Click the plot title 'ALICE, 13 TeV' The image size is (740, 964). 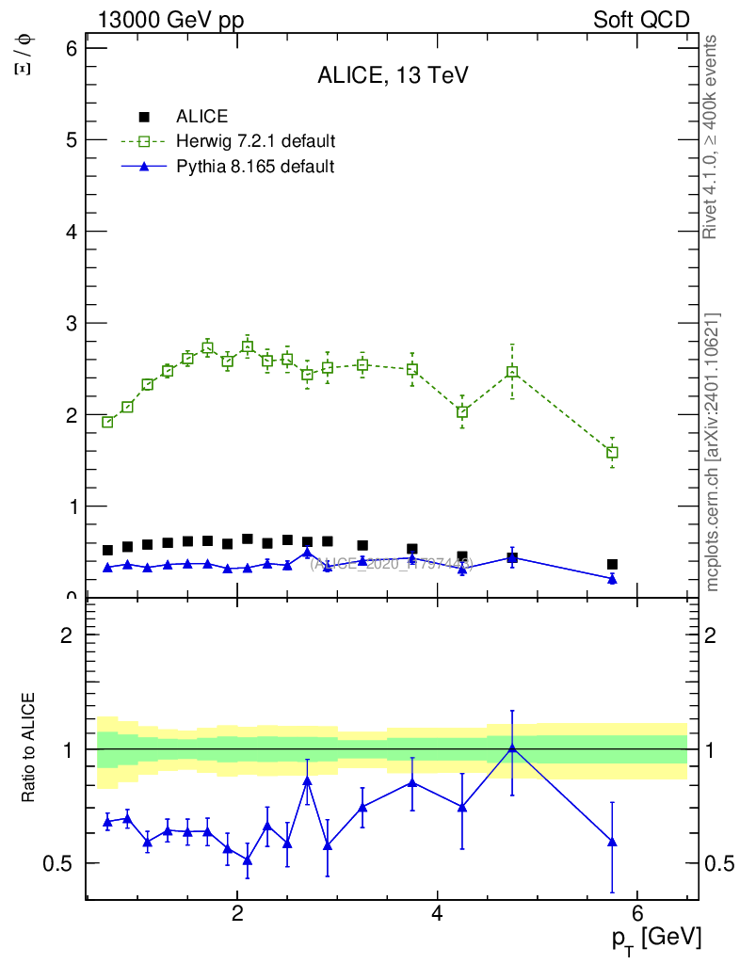click(393, 77)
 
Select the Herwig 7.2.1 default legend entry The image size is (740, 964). click(255, 142)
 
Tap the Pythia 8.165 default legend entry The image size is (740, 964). click(255, 168)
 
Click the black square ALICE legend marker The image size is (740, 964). click(144, 117)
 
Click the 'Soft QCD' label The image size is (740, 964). click(641, 20)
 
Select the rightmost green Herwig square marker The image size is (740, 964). click(612, 453)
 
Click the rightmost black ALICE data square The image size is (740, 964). click(612, 565)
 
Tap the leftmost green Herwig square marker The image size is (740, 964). click(107, 422)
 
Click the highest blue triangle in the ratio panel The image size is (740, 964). click(512, 747)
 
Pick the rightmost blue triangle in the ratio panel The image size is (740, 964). click(612, 842)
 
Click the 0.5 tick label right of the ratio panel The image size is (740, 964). click(719, 863)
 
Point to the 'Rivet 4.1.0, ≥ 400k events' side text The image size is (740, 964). click(712, 137)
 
